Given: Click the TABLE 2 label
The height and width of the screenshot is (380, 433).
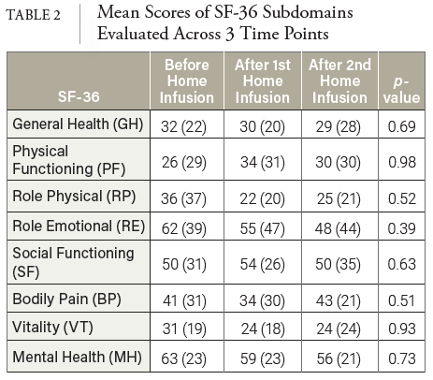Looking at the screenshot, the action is (x=33, y=15).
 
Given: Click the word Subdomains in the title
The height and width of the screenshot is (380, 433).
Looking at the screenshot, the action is (x=308, y=13).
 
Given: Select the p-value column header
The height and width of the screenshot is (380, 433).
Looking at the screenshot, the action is (x=401, y=90).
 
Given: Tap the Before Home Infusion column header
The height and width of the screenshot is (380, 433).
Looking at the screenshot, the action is (x=187, y=81).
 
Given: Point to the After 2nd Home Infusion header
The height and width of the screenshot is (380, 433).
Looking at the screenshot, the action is (x=339, y=81).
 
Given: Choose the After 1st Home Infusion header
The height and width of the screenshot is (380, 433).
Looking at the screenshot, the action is (x=263, y=81).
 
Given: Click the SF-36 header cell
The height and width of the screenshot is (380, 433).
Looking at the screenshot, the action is (x=79, y=96).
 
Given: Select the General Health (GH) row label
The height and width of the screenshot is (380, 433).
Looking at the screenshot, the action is (x=78, y=124).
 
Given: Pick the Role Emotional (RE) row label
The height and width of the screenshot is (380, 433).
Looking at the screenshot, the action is (x=79, y=227).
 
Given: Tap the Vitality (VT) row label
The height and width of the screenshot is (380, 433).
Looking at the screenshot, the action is (x=52, y=328).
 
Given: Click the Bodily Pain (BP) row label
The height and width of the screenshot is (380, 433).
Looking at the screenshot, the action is (x=66, y=299).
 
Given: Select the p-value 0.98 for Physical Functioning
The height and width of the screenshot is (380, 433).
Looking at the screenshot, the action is (x=402, y=162).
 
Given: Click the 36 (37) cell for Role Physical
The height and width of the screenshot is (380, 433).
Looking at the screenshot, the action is (x=183, y=198).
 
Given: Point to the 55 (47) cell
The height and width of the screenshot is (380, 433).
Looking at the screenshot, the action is (x=262, y=228).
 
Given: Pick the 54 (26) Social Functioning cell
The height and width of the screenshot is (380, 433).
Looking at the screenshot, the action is (x=262, y=264).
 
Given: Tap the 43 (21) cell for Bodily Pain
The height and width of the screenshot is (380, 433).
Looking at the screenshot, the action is (x=339, y=300).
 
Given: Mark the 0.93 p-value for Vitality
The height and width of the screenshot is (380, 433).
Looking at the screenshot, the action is (x=402, y=329).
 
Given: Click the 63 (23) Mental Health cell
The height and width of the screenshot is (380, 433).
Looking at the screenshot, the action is (x=183, y=358).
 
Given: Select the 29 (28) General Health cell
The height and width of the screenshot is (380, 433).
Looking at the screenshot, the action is (x=339, y=126).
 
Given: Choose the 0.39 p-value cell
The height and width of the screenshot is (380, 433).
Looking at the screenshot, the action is (x=402, y=228).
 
